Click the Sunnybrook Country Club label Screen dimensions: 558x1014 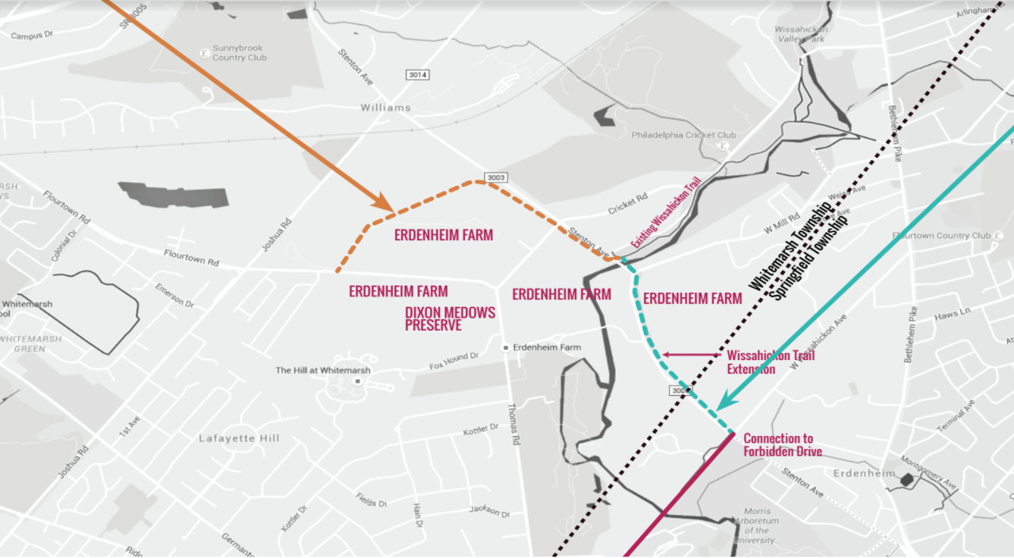click(239, 52)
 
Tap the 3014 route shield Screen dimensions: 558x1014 click(417, 74)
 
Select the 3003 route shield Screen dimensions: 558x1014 click(497, 177)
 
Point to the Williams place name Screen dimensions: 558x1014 click(385, 108)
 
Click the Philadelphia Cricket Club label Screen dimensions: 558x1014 click(683, 135)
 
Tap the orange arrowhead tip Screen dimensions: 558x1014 click(391, 209)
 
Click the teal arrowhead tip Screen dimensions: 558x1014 click(717, 410)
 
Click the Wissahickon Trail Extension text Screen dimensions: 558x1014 click(770, 362)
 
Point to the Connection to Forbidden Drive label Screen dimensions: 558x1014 click(782, 444)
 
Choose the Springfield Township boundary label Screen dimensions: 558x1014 click(809, 259)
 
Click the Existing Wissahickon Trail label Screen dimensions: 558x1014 click(666, 213)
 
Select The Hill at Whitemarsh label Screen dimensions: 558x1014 click(323, 370)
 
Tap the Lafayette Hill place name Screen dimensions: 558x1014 click(239, 438)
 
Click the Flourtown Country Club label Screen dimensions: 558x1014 click(941, 236)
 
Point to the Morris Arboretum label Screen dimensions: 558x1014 click(756, 521)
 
